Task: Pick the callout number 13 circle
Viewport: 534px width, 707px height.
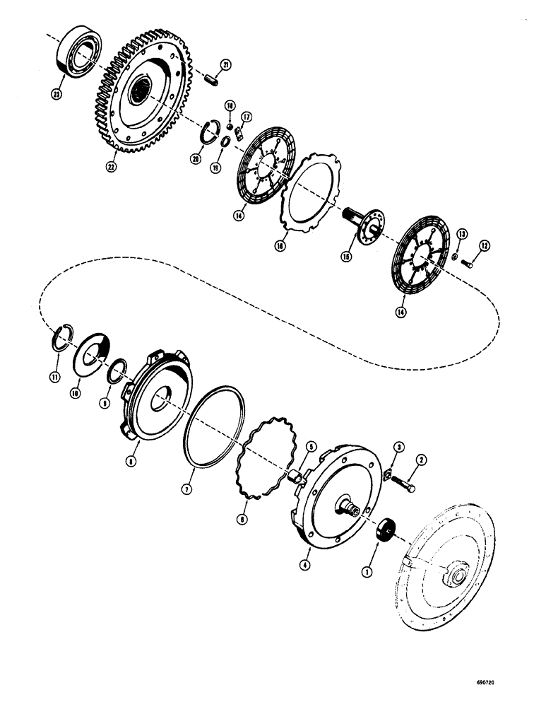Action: click(461, 234)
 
